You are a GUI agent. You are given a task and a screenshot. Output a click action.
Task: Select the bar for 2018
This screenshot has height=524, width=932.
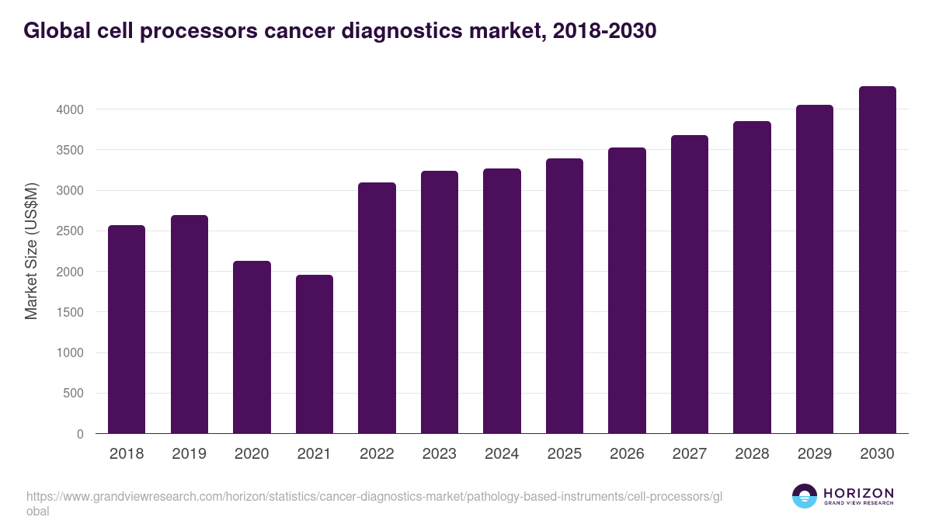pyautogui.click(x=127, y=329)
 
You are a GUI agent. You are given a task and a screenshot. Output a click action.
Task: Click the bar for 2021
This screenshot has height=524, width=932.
pyautogui.click(x=314, y=354)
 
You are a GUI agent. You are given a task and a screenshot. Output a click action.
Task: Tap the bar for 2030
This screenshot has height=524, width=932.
pyautogui.click(x=877, y=260)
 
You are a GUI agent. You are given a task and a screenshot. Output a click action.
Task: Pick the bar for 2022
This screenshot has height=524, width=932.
pyautogui.click(x=377, y=308)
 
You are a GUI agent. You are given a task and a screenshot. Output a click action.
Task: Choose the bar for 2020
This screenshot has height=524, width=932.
pyautogui.click(x=252, y=347)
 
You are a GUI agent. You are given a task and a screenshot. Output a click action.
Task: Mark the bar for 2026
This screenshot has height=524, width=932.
pyautogui.click(x=627, y=290)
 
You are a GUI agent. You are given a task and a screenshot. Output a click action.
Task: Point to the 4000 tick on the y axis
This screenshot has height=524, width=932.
pyautogui.click(x=70, y=109)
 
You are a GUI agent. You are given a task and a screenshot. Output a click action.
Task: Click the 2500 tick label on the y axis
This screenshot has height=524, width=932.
pyautogui.click(x=70, y=231)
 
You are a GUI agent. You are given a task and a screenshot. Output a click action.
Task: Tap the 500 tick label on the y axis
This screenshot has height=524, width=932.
pyautogui.click(x=74, y=394)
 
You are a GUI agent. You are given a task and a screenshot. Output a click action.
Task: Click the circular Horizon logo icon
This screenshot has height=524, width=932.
pyautogui.click(x=805, y=496)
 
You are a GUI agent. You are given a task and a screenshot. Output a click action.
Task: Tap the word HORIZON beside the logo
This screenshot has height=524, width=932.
pyautogui.click(x=858, y=493)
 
